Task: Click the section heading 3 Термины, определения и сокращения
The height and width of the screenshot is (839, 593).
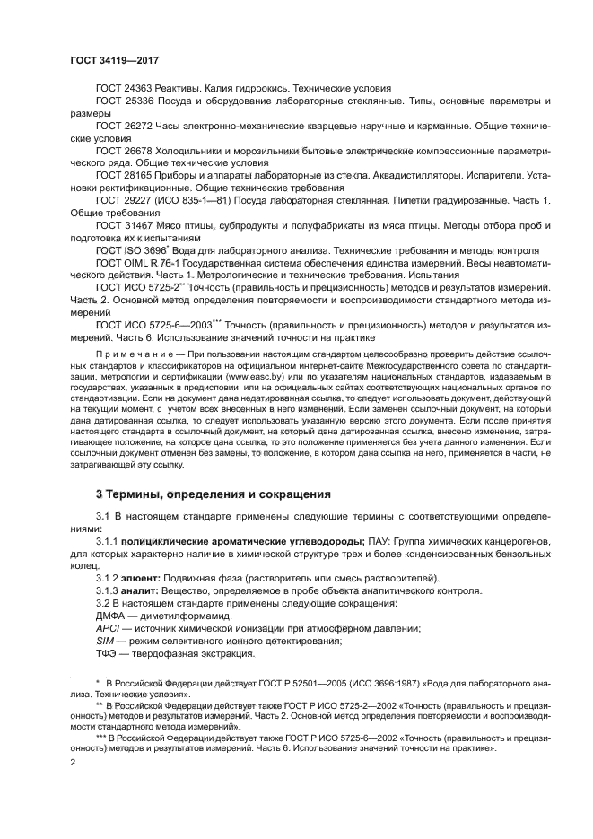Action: click(213, 494)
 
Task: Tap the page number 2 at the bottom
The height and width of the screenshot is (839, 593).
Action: click(74, 762)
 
